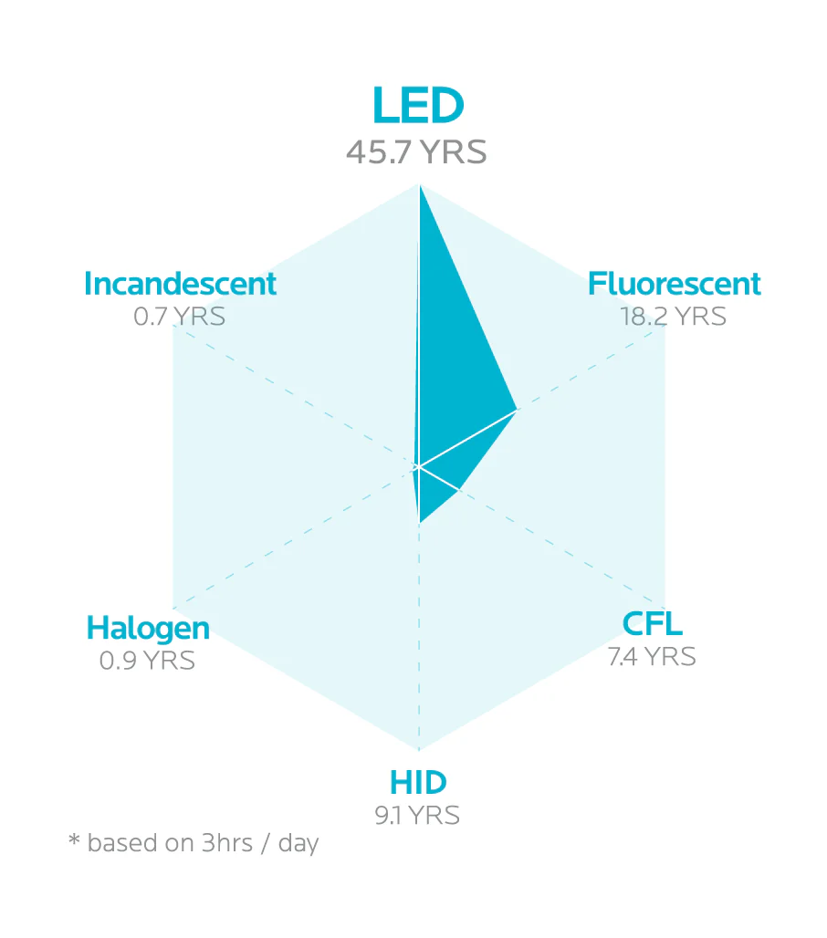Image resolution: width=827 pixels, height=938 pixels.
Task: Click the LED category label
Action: coord(418,107)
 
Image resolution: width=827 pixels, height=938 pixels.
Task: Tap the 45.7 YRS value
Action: coord(416,152)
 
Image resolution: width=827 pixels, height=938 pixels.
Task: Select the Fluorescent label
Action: coord(674,284)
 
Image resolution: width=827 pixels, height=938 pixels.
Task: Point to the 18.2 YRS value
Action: coord(673,317)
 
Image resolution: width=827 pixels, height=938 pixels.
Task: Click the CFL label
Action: coord(652,624)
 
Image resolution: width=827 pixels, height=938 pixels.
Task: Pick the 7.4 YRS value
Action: coord(652,656)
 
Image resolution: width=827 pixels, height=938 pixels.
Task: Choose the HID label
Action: coord(418,783)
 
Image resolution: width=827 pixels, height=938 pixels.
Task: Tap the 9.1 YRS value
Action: coord(417,815)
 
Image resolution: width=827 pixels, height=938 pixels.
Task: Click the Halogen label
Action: coord(148,628)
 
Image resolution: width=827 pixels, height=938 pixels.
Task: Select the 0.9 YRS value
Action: coord(147,660)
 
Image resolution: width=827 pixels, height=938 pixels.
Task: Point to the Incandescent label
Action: coord(180,284)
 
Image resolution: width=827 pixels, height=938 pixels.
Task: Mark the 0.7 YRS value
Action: coord(179,317)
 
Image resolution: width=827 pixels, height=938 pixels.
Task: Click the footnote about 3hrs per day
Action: coord(194,843)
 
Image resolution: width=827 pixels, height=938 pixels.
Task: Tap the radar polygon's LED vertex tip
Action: coord(419,187)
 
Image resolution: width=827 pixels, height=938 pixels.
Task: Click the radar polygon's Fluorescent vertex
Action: coord(517,410)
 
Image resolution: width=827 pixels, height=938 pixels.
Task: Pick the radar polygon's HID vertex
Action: coord(419,523)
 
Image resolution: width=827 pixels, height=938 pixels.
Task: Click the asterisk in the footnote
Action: coord(74,839)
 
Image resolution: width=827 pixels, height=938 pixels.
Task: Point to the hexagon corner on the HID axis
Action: coord(419,750)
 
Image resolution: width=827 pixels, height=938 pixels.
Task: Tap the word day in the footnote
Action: coord(298,844)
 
